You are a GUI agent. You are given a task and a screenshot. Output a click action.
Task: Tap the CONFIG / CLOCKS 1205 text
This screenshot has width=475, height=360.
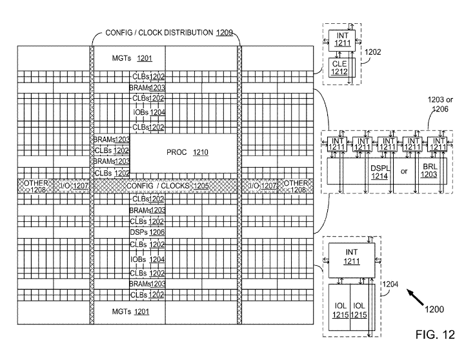(167, 186)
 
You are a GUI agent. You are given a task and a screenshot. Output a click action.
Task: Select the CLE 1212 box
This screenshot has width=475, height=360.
(339, 68)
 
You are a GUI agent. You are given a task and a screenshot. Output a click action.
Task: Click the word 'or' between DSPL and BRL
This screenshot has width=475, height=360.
(405, 172)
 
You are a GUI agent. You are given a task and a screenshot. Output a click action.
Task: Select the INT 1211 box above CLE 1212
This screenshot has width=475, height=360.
(339, 38)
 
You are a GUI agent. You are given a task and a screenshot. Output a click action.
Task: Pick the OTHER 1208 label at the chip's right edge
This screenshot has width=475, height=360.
(296, 186)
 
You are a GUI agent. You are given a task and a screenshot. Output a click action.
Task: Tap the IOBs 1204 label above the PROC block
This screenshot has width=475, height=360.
(148, 112)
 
